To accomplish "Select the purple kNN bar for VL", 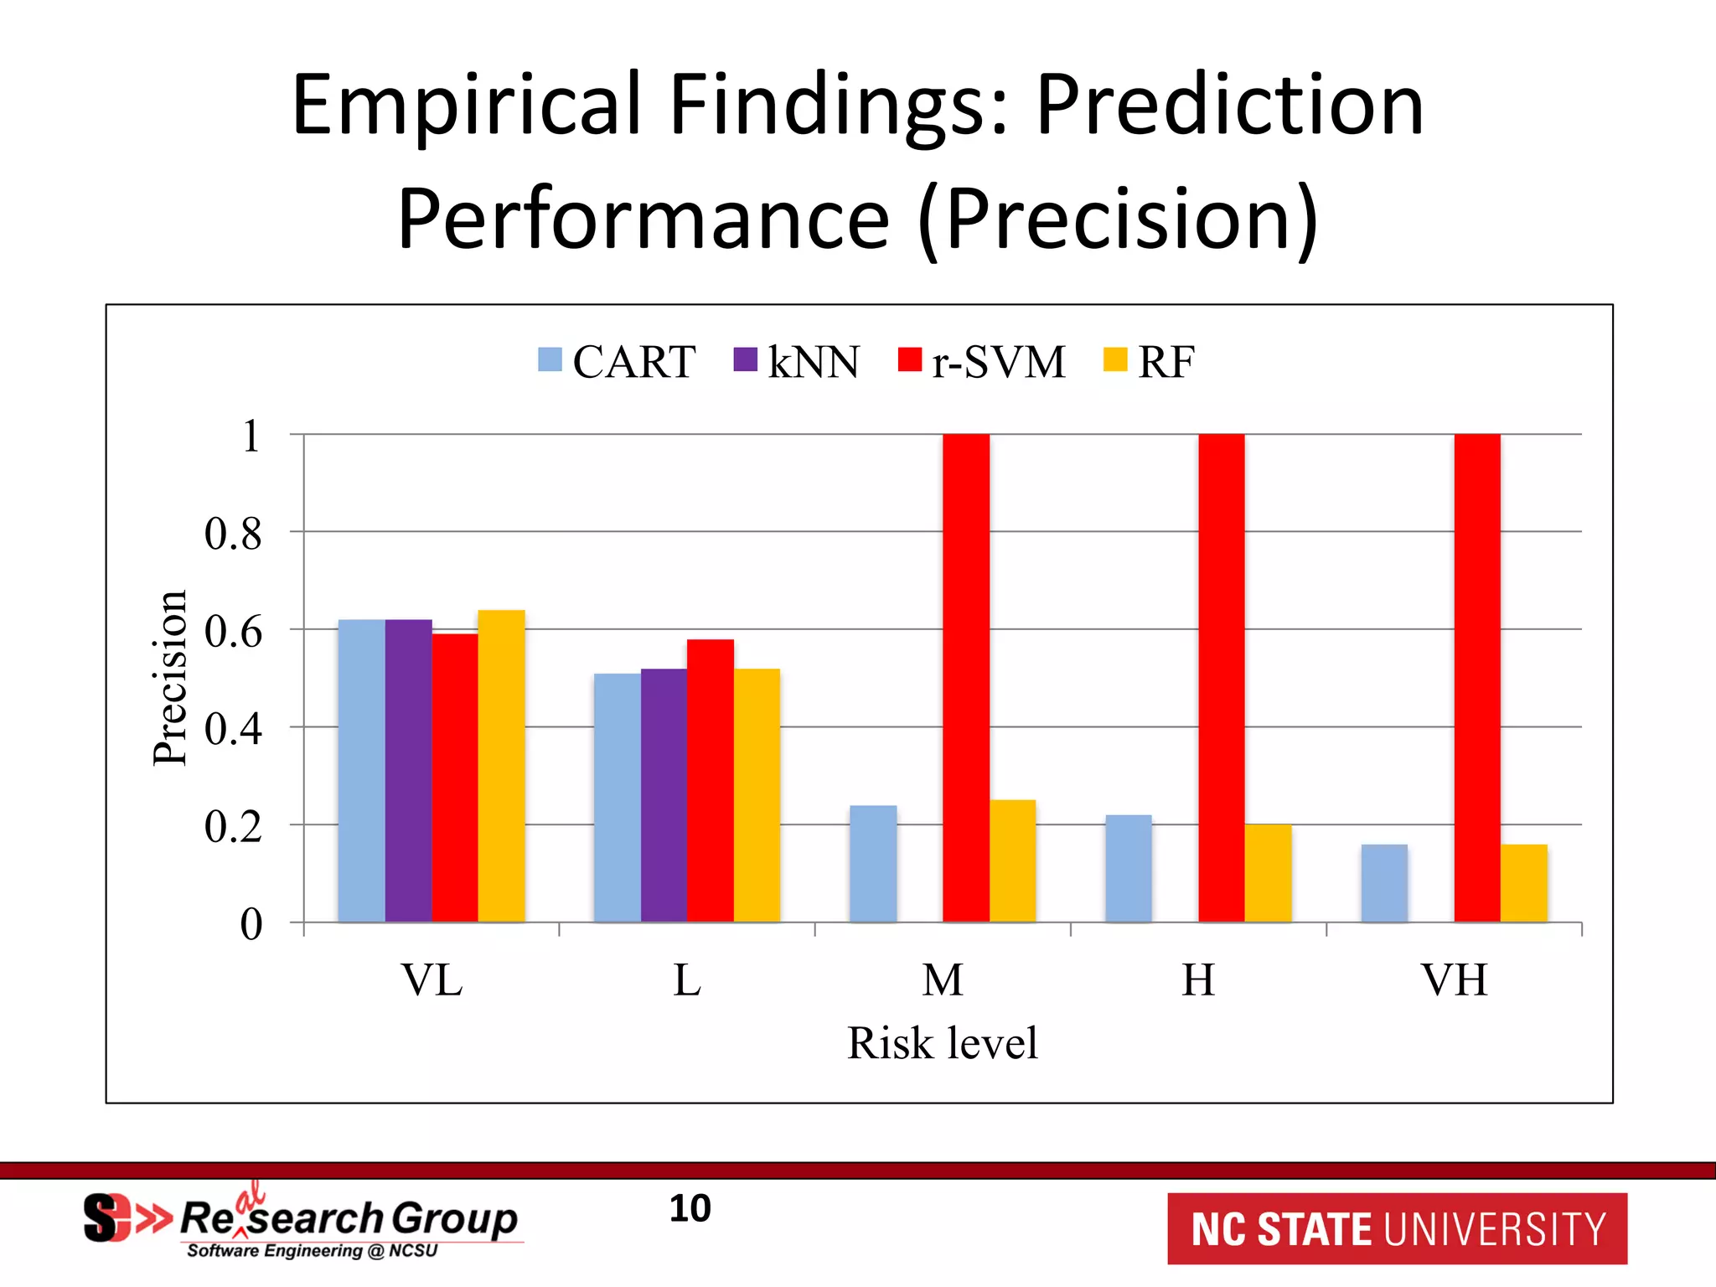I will click(x=408, y=771).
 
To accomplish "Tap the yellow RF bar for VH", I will click(x=1523, y=883).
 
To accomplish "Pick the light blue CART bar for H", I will click(x=1128, y=868).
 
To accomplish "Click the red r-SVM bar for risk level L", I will click(x=710, y=780).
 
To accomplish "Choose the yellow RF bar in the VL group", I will click(x=501, y=766).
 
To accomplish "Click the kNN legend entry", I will click(x=796, y=362).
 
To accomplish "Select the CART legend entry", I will click(x=617, y=362).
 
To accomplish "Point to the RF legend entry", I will click(x=1149, y=362).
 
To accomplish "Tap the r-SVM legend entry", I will click(x=981, y=362).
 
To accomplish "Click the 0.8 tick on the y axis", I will click(x=233, y=534).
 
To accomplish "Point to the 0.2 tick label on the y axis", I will click(x=233, y=827).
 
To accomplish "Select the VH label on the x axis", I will click(x=1454, y=979).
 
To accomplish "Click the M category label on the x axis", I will click(x=943, y=979).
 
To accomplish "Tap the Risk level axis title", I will click(x=942, y=1043).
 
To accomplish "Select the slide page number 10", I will click(x=690, y=1208).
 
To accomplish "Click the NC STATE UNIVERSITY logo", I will click(x=1397, y=1228).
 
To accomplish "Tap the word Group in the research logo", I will click(x=454, y=1217).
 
